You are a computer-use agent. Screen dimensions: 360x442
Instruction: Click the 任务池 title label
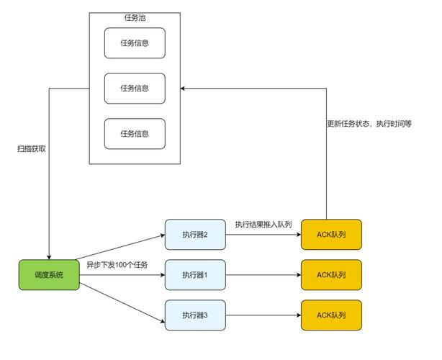pyautogui.click(x=135, y=18)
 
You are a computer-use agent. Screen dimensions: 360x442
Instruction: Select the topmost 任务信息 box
pyautogui.click(x=135, y=42)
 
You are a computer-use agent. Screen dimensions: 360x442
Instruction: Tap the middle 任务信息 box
pyautogui.click(x=135, y=89)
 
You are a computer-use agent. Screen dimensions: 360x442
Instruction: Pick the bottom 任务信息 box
pyautogui.click(x=135, y=134)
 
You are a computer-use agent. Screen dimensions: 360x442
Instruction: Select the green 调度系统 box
pyautogui.click(x=49, y=275)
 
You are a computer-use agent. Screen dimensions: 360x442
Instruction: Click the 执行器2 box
pyautogui.click(x=194, y=234)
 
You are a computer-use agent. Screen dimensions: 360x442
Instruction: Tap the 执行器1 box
pyautogui.click(x=194, y=275)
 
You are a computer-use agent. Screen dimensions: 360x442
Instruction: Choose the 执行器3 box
pyautogui.click(x=194, y=315)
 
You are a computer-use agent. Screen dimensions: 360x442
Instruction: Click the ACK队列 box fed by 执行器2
pyautogui.click(x=331, y=234)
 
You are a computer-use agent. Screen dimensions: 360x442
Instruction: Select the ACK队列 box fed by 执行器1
pyautogui.click(x=331, y=275)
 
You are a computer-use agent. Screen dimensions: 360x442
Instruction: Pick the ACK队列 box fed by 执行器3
pyautogui.click(x=331, y=315)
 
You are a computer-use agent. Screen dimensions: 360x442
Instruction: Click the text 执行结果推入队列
pyautogui.click(x=263, y=225)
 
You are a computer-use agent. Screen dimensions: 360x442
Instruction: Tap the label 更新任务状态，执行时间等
pyautogui.click(x=369, y=124)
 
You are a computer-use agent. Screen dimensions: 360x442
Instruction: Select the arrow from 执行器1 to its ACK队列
pyautogui.click(x=263, y=275)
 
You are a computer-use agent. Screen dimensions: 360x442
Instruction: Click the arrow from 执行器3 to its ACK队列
pyautogui.click(x=263, y=315)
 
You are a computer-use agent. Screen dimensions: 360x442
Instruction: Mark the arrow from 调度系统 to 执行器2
pyautogui.click(x=121, y=251)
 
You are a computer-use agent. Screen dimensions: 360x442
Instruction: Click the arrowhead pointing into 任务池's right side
pyautogui.click(x=184, y=89)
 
